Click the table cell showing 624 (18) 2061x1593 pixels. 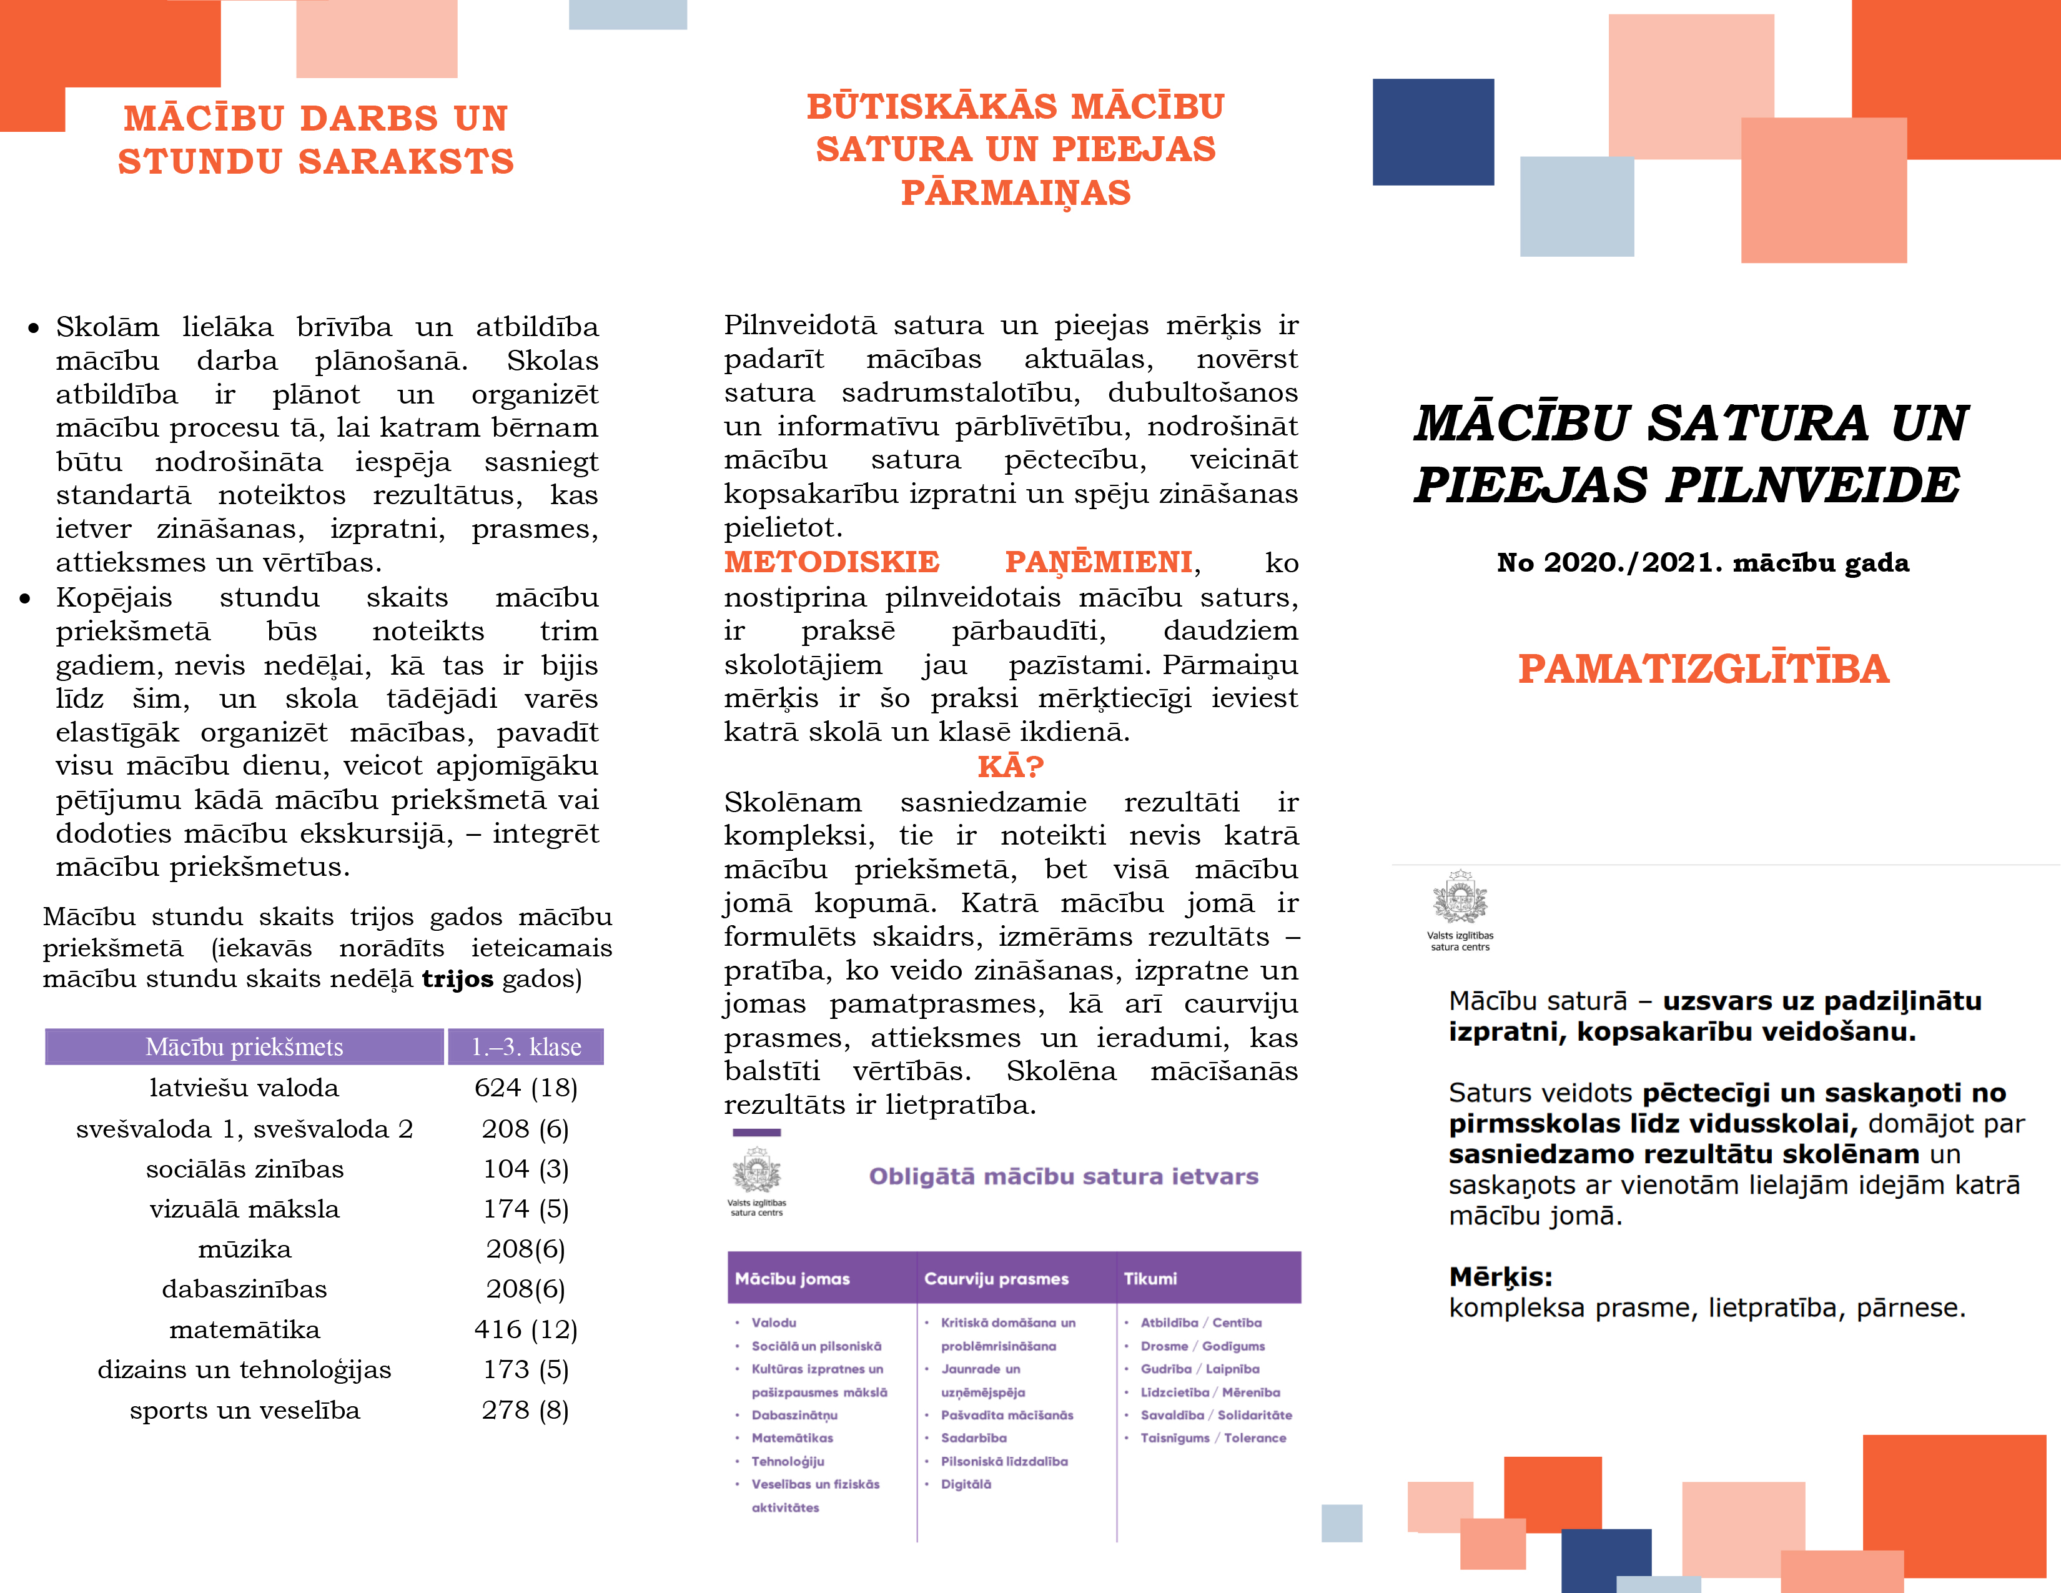[526, 1088]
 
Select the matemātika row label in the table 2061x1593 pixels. [244, 1330]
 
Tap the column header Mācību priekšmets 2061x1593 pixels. [244, 1046]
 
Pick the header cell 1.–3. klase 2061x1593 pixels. [526, 1046]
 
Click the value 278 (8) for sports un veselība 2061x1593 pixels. [526, 1410]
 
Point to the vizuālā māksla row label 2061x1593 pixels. [244, 1209]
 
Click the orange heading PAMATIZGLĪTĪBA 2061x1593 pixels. [1703, 668]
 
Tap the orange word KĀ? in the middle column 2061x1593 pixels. [1010, 767]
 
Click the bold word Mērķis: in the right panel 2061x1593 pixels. [1500, 1277]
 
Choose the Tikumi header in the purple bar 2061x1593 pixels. [1150, 1279]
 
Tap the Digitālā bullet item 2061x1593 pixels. [966, 1484]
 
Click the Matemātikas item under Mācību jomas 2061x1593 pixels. [792, 1438]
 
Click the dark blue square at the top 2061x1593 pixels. [1433, 132]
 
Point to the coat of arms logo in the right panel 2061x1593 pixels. [1460, 898]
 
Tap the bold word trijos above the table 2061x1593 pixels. [457, 979]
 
